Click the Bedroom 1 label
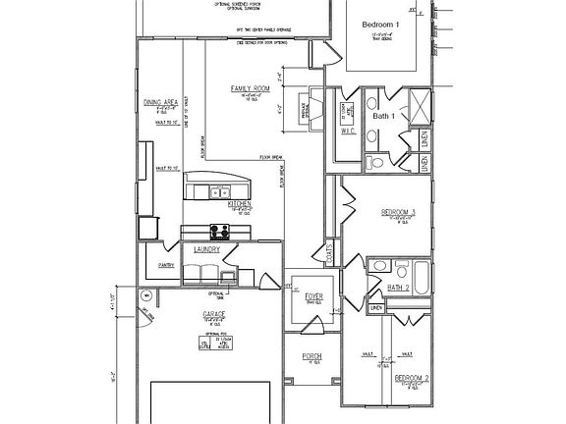point(381,23)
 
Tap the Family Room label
point(251,89)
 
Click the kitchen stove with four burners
point(219,232)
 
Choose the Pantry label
point(165,265)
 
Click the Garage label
point(214,314)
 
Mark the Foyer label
point(312,292)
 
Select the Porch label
point(312,356)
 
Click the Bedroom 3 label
point(399,212)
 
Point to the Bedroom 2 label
point(412,377)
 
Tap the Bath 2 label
point(398,288)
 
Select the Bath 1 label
point(384,116)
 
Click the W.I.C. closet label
point(348,131)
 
